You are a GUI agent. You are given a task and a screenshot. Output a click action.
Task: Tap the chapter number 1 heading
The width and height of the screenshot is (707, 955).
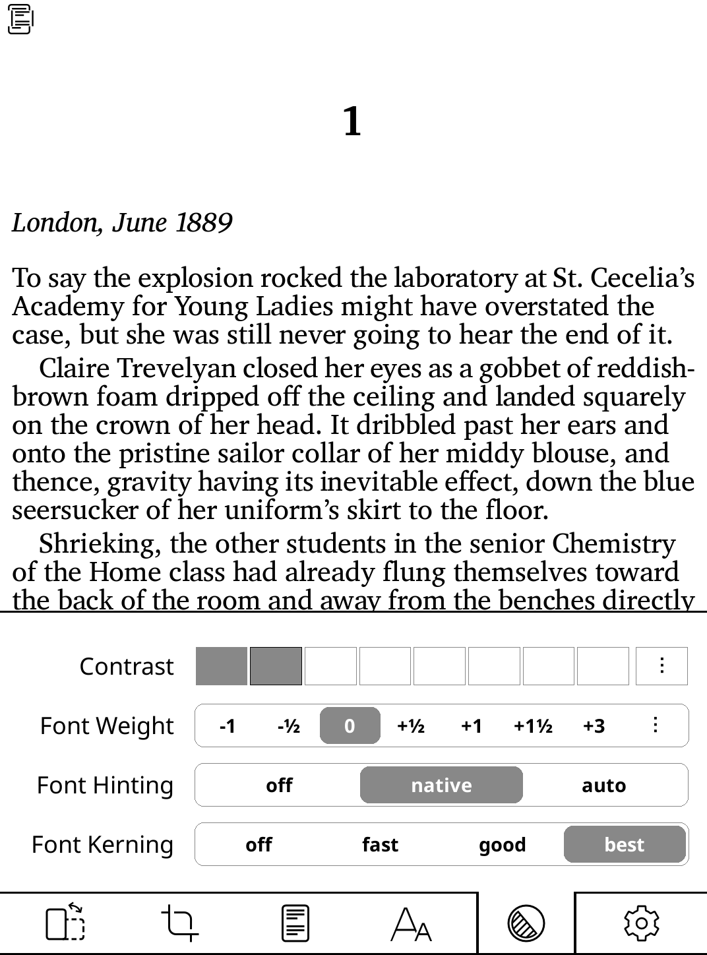tap(352, 122)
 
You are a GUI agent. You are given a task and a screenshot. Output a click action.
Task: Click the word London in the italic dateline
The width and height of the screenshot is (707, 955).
tap(54, 223)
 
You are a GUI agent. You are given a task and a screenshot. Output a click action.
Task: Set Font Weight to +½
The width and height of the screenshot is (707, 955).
tap(410, 726)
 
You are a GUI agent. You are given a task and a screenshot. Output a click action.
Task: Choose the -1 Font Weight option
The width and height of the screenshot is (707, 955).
tap(227, 726)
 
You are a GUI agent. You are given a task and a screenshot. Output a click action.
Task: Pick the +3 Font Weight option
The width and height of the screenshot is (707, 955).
tap(594, 726)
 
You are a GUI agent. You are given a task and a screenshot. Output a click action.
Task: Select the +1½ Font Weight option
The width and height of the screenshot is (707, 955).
tap(533, 726)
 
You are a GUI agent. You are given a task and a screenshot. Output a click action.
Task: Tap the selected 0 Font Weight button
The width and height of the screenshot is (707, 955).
tap(350, 726)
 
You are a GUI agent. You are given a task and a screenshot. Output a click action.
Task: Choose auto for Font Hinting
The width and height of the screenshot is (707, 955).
tap(603, 786)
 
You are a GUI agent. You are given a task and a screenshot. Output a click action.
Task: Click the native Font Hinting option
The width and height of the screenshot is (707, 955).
tap(441, 786)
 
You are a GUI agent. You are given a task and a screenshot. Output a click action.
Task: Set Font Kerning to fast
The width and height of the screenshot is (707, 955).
tap(380, 845)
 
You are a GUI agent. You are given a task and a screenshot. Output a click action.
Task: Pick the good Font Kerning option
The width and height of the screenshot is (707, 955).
tap(502, 845)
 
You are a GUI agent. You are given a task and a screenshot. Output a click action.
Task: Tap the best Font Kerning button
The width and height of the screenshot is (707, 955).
tap(624, 845)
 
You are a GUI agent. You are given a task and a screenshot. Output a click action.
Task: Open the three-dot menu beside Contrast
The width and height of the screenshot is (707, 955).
tap(661, 666)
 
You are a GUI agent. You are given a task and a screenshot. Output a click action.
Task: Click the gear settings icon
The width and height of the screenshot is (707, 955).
tap(641, 923)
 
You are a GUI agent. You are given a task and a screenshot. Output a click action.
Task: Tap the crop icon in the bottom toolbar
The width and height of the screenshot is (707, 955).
tap(179, 923)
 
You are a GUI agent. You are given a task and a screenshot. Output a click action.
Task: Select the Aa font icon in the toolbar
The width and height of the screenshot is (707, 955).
tap(412, 923)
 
